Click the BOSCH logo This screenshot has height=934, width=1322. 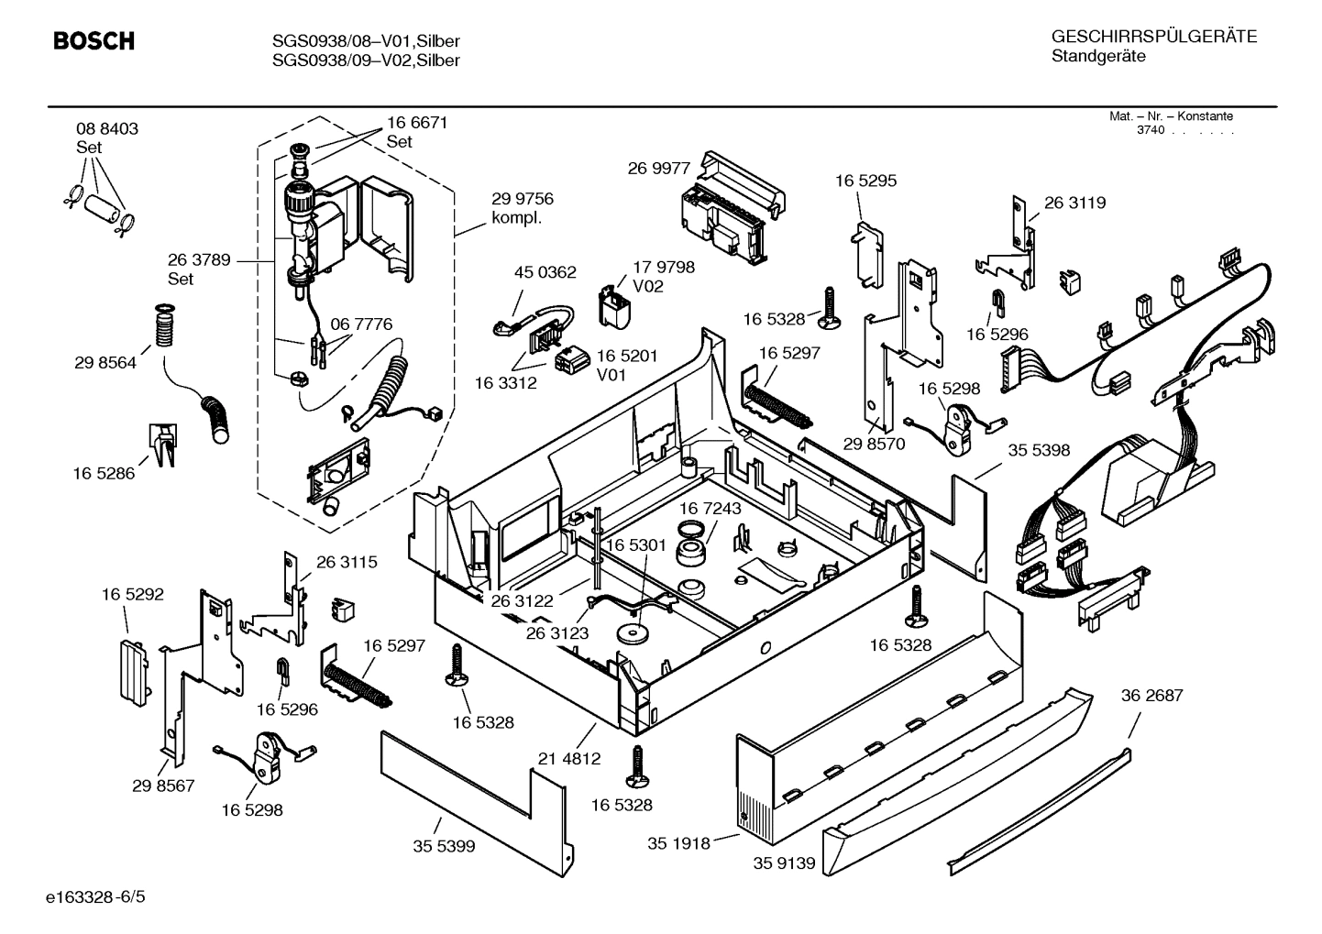point(94,41)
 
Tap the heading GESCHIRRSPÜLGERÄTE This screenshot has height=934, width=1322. point(1153,38)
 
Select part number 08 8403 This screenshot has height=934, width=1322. point(107,129)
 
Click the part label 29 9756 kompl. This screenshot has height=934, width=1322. point(523,208)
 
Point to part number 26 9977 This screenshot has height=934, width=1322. point(658,169)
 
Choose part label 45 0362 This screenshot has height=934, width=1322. point(545,272)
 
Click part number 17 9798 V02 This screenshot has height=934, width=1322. point(663,276)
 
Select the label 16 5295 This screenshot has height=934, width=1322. point(865,181)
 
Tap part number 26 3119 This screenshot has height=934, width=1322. point(1074,203)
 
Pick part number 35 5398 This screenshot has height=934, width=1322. point(1039,451)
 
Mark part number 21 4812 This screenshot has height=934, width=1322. point(569,758)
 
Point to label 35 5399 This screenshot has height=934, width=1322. point(444,846)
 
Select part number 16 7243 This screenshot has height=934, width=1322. point(711,508)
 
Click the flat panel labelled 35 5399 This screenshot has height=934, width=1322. point(468,790)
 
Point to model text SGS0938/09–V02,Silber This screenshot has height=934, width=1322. point(366,60)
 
